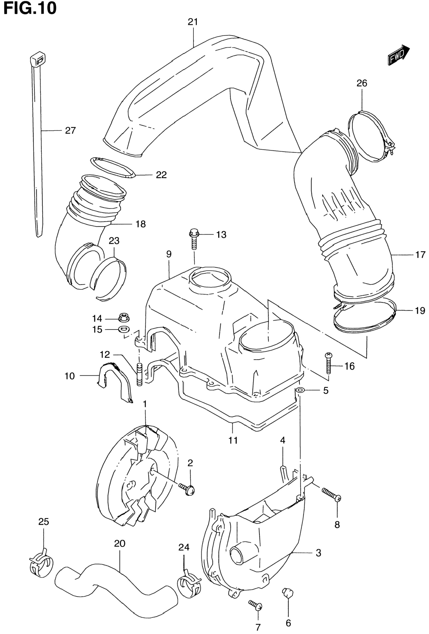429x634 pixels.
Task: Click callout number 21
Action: (x=193, y=22)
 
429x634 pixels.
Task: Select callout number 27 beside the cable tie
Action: (x=70, y=131)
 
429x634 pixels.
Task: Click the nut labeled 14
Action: (x=124, y=317)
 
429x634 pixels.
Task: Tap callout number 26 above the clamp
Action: (x=362, y=83)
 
